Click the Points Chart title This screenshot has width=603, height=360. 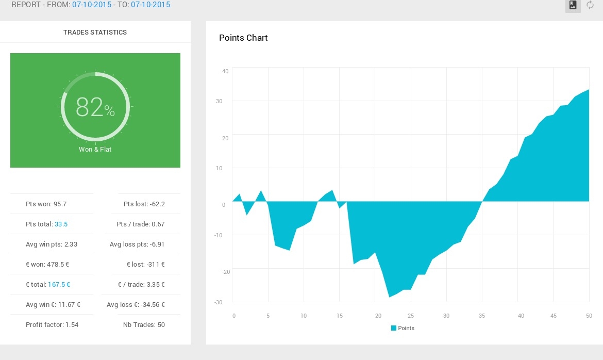click(243, 38)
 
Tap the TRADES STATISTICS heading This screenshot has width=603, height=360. click(95, 32)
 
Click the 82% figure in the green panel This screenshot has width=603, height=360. click(95, 107)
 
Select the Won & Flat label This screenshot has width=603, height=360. click(95, 150)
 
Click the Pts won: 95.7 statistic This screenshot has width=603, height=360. click(46, 204)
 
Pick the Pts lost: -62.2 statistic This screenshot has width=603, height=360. click(144, 204)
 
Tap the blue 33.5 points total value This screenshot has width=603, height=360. click(61, 224)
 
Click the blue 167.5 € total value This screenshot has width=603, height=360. click(59, 285)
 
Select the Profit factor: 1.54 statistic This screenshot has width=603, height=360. click(52, 324)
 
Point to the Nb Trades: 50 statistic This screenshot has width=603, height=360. click(144, 324)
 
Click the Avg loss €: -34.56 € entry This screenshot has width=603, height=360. click(136, 305)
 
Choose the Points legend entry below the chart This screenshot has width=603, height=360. click(403, 328)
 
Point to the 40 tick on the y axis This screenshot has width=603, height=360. click(225, 71)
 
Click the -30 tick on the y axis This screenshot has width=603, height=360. click(219, 302)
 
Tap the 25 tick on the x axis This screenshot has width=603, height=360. click(411, 316)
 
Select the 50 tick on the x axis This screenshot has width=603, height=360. click(589, 316)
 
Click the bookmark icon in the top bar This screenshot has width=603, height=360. click(573, 5)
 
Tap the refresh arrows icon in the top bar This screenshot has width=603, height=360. click(590, 5)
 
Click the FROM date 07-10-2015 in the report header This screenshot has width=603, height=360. click(92, 5)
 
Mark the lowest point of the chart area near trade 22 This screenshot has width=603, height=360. click(389, 297)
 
